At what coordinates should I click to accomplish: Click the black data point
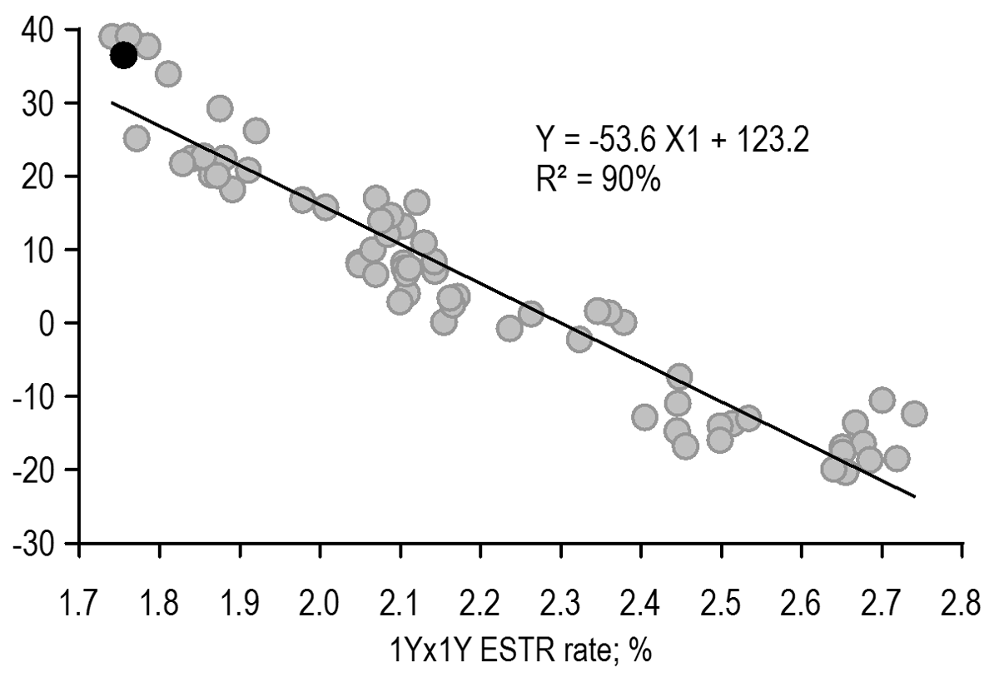123,56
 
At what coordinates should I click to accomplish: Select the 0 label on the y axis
51,323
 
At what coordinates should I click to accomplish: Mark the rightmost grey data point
914,414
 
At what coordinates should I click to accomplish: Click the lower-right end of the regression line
915,496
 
